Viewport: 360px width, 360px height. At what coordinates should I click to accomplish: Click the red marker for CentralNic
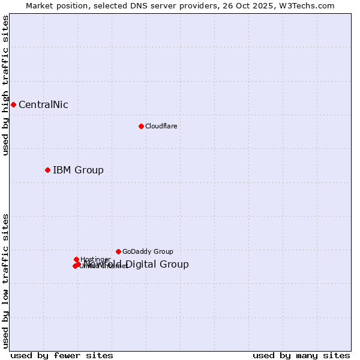[x=13, y=104]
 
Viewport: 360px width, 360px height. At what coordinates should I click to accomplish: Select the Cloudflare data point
[x=141, y=126]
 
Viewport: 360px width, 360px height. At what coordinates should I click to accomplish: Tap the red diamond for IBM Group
[x=47, y=170]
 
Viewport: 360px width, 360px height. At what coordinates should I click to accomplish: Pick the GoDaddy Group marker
[x=118, y=251]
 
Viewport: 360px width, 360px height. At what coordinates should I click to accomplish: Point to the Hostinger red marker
[x=77, y=259]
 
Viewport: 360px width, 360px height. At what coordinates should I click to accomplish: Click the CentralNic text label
[x=43, y=105]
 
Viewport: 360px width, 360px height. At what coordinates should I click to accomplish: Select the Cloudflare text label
[x=161, y=126]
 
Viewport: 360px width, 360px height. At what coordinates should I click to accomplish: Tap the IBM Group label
[x=78, y=170]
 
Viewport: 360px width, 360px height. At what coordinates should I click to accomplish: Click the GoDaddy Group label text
[x=148, y=252]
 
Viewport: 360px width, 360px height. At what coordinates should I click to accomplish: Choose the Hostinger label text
[x=95, y=259]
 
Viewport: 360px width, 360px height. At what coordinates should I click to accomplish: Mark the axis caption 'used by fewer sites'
[x=62, y=355]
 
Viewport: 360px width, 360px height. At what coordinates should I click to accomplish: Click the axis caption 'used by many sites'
[x=301, y=355]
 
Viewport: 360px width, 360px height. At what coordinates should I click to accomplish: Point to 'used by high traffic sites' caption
[x=5, y=85]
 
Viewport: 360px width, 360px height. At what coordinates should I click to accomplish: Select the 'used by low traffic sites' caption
[x=5, y=281]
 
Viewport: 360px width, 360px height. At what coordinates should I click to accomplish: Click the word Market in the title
[x=40, y=5]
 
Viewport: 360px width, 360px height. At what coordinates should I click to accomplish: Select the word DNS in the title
[x=137, y=5]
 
